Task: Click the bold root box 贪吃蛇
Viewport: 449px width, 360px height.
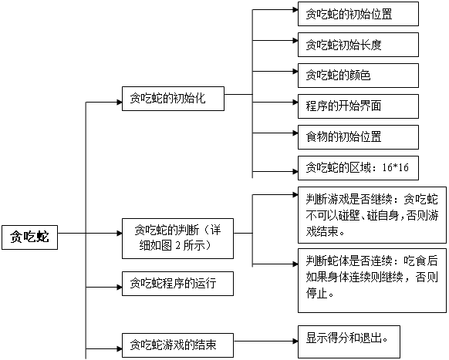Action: point(30,237)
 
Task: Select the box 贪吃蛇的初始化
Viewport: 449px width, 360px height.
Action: point(173,99)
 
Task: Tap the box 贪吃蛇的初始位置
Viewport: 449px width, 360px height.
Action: point(358,14)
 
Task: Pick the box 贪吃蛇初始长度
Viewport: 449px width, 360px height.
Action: point(358,45)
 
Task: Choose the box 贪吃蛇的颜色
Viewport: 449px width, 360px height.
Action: point(358,76)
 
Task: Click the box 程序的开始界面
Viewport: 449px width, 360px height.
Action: point(358,106)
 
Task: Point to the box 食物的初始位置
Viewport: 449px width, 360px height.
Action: point(358,137)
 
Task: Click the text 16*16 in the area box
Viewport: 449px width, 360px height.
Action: point(396,167)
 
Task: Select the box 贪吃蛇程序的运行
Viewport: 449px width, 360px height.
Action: point(177,284)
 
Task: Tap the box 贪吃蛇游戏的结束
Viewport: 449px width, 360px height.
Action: point(177,345)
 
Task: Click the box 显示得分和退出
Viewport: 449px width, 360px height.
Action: point(349,341)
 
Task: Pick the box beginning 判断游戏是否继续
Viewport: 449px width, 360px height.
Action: point(372,215)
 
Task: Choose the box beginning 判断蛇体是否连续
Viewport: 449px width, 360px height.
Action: point(372,281)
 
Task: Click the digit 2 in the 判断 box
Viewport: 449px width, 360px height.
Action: point(177,246)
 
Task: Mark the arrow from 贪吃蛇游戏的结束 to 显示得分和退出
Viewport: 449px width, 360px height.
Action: point(266,341)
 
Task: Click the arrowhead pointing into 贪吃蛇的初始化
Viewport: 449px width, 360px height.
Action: point(120,103)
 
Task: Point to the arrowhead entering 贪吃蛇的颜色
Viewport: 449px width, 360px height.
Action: point(295,71)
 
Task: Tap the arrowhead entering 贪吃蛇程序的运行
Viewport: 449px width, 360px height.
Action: point(120,288)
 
